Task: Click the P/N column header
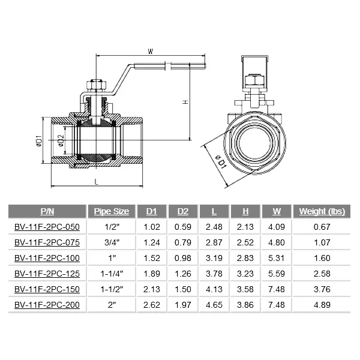click(47, 211)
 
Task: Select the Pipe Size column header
click(112, 211)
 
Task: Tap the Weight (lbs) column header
click(321, 211)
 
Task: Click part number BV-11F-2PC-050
click(47, 227)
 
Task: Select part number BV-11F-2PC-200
click(47, 305)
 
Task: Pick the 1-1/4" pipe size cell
click(112, 274)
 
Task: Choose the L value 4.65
click(214, 305)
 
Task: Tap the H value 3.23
click(245, 274)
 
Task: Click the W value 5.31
click(276, 258)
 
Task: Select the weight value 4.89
click(321, 305)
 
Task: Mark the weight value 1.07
click(321, 242)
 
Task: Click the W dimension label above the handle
click(149, 51)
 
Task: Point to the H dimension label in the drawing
click(186, 101)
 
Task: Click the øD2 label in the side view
click(61, 142)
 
